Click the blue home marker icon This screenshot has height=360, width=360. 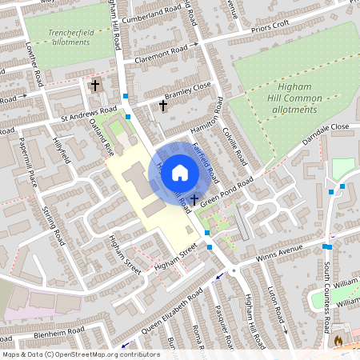coord(180,173)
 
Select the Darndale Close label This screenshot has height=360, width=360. coord(326,132)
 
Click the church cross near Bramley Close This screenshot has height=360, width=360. coord(163,105)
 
